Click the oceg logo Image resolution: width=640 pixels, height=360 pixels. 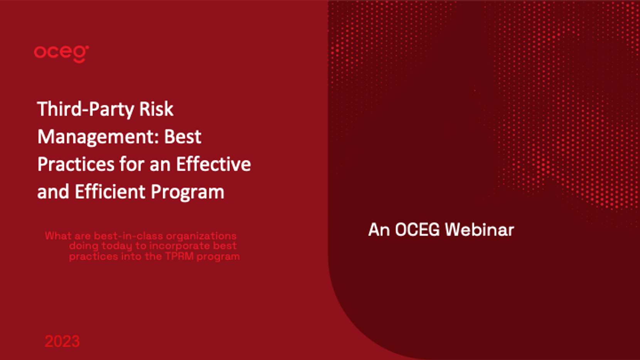(61, 54)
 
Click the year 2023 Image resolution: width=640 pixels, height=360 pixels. (62, 341)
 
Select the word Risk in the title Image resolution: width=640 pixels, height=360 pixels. (156, 109)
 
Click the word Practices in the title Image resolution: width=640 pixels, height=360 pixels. (76, 164)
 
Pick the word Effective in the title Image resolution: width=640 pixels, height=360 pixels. (214, 164)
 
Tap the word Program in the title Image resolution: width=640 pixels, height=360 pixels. (187, 192)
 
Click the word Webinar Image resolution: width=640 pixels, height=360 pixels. (480, 230)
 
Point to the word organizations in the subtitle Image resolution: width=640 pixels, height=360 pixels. (201, 236)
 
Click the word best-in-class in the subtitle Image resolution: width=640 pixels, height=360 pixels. (128, 236)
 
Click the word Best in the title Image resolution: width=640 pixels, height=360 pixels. (183, 137)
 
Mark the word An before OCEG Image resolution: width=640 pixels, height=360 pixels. (379, 230)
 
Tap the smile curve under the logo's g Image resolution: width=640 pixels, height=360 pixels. (80, 61)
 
